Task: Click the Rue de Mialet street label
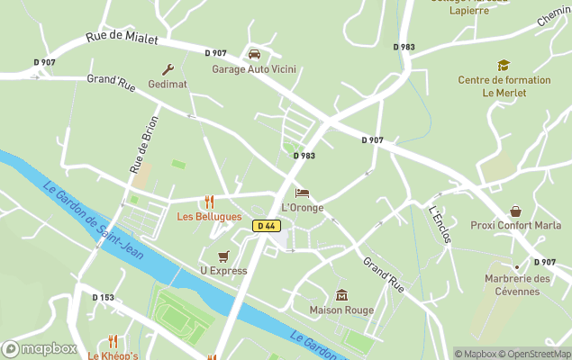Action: (122, 39)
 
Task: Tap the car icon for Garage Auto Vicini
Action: (254, 54)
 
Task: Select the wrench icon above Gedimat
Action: (168, 69)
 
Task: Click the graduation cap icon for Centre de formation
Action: (504, 65)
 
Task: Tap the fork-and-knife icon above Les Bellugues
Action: (209, 202)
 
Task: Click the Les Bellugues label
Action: (209, 217)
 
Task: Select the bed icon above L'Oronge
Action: (302, 193)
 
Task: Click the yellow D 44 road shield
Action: (265, 226)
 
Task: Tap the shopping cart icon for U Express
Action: (222, 256)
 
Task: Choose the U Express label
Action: (223, 270)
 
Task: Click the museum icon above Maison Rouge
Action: (341, 295)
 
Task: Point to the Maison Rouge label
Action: (341, 310)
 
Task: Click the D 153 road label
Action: (104, 297)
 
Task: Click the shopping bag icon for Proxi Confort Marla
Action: (515, 211)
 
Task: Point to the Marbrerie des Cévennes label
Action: (517, 284)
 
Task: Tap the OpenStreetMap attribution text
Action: (537, 354)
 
